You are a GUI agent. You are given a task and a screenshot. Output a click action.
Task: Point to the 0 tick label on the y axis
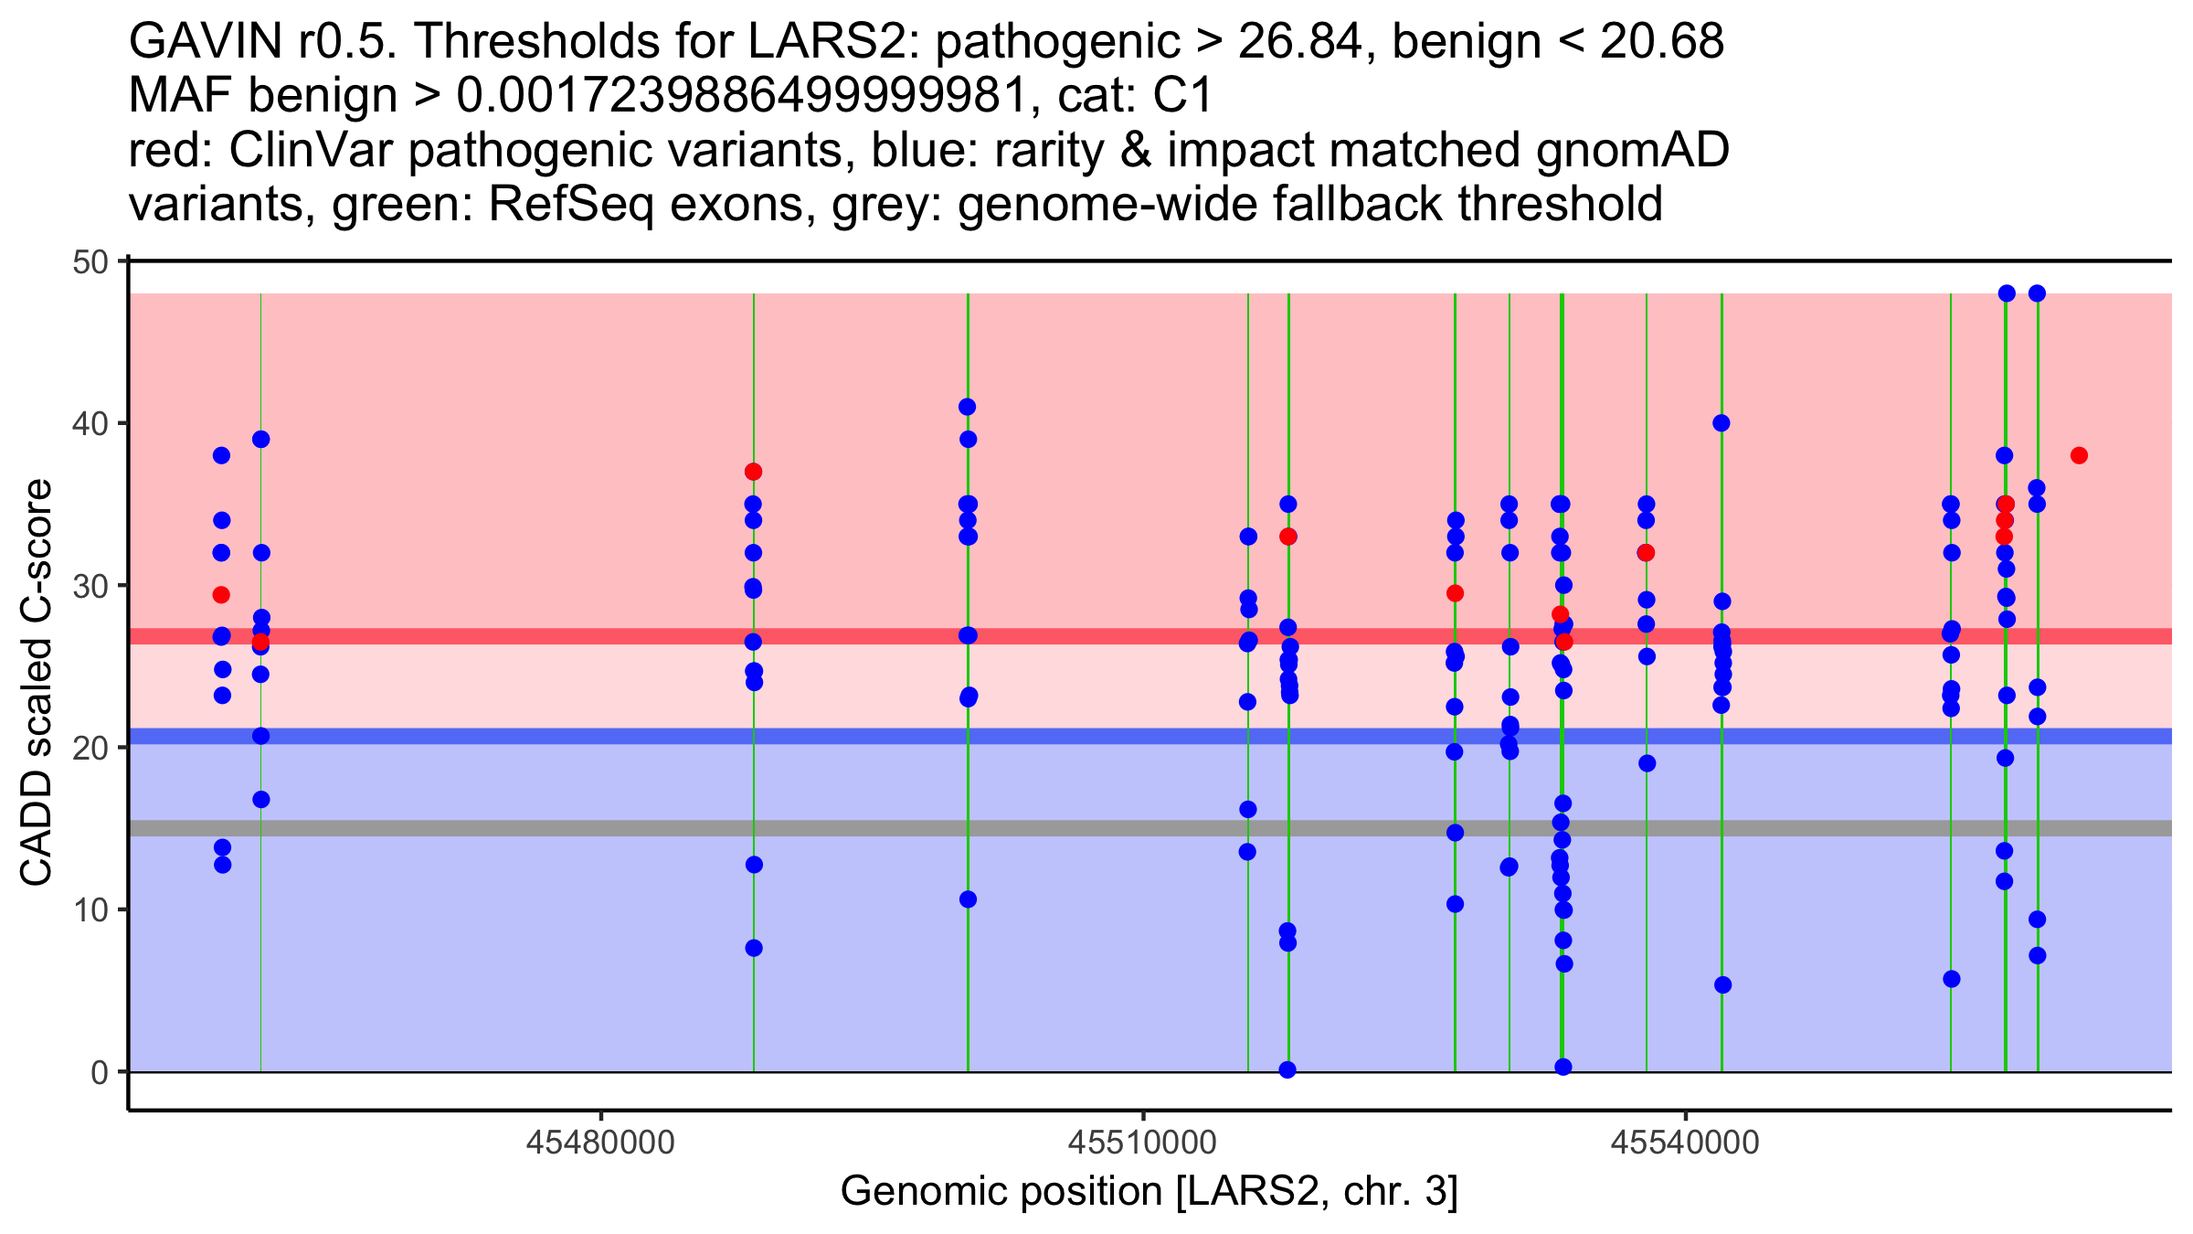pyautogui.click(x=99, y=1072)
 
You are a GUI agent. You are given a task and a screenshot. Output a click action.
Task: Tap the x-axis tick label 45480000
pyautogui.click(x=600, y=1143)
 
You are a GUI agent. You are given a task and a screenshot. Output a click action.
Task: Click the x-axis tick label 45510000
pyautogui.click(x=1142, y=1143)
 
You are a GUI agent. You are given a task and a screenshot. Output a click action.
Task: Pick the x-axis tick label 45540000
pyautogui.click(x=1684, y=1143)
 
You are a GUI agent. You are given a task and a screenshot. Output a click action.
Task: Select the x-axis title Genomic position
pyautogui.click(x=1149, y=1192)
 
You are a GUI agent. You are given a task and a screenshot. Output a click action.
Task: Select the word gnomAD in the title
pyautogui.click(x=1632, y=150)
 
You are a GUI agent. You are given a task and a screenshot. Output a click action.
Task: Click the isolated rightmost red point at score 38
pyautogui.click(x=2079, y=455)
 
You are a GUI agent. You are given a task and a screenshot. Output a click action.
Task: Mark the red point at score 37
pyautogui.click(x=753, y=472)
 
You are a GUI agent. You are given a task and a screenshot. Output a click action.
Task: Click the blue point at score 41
pyautogui.click(x=967, y=407)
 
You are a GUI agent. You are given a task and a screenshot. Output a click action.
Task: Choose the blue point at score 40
pyautogui.click(x=1721, y=423)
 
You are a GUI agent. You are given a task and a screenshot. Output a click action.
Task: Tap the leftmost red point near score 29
pyautogui.click(x=221, y=595)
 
